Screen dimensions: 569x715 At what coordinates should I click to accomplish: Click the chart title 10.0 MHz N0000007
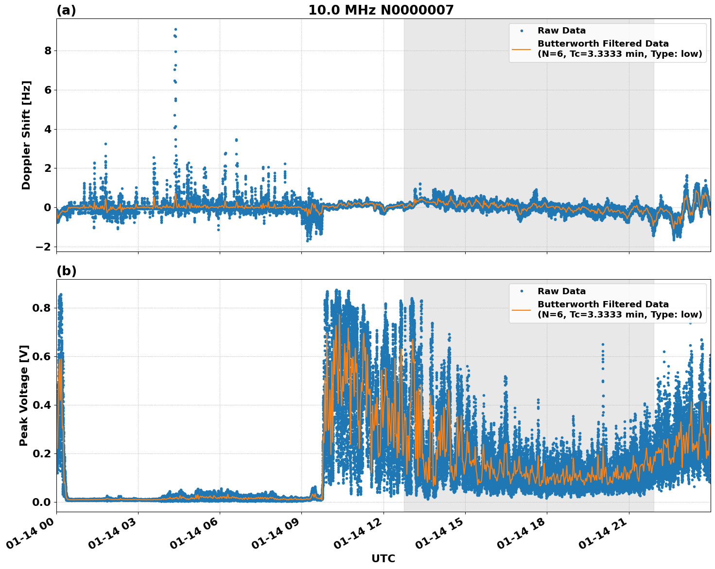tap(381, 10)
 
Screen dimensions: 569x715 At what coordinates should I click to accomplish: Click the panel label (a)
tap(66, 10)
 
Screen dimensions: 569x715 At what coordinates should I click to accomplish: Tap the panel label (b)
tap(66, 271)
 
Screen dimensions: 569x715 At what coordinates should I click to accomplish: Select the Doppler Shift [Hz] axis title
tap(26, 135)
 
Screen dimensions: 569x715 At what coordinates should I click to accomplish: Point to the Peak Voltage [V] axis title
tap(24, 395)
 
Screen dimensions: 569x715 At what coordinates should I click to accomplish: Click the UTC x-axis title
tap(383, 558)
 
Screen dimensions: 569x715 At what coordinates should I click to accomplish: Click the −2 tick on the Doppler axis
tap(44, 247)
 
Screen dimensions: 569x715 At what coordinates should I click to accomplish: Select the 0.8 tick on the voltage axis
tap(42, 308)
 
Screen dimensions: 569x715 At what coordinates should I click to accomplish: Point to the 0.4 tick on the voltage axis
tap(42, 405)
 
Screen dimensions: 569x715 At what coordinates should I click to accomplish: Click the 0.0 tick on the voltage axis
tap(42, 502)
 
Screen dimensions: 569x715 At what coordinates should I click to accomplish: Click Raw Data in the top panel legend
tap(561, 31)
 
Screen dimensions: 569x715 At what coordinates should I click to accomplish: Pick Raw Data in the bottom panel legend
tap(561, 291)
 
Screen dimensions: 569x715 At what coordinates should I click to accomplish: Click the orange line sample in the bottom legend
tap(521, 309)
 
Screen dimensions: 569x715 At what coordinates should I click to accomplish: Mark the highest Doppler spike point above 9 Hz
tap(175, 29)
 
